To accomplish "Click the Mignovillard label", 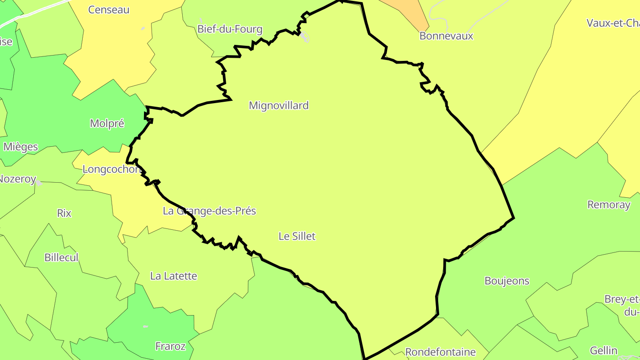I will tap(279, 106).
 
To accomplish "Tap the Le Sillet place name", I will tap(297, 236).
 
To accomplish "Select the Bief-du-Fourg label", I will tap(230, 30).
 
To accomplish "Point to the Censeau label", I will tap(108, 10).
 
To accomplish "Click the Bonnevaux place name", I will tap(446, 36).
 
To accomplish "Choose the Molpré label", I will tap(107, 124).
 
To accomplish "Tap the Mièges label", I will tap(20, 147).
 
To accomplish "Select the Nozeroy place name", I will tap(17, 179).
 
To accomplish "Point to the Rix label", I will tap(64, 213).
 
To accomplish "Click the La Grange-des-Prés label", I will tap(209, 211).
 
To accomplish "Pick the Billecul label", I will tap(61, 257).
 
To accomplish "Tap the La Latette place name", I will tap(173, 276).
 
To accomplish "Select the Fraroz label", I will tap(170, 346).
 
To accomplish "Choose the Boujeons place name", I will tap(507, 281).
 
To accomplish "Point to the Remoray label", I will tap(608, 205).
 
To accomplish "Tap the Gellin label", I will tap(604, 351).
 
